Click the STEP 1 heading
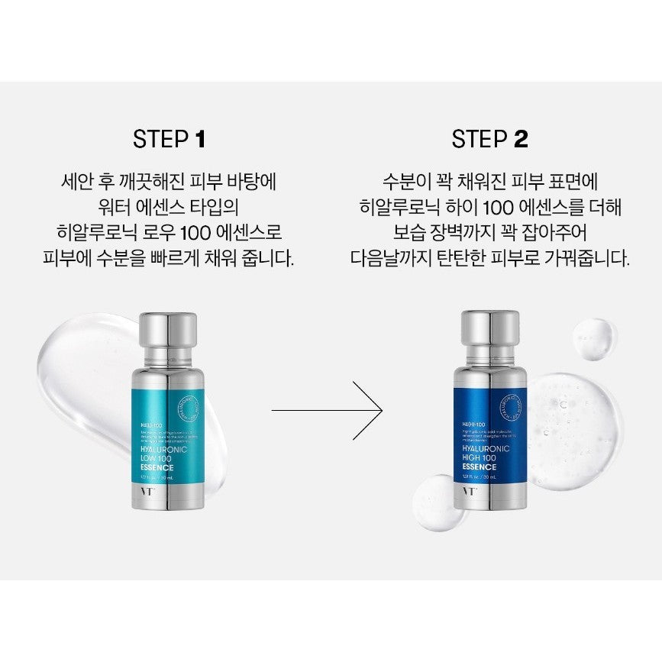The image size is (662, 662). pos(169,139)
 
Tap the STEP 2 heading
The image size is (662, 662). pos(489,139)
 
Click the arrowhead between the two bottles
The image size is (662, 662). pos(374,411)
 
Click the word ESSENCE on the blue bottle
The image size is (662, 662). pos(480,467)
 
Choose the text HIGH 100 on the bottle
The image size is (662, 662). pos(479,457)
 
